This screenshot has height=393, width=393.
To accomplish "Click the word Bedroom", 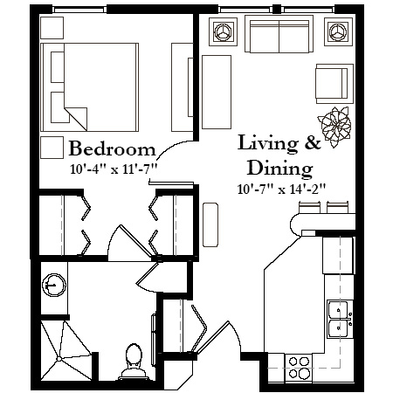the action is click(x=113, y=148).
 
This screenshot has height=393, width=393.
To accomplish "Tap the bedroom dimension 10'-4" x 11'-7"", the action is click(x=114, y=169).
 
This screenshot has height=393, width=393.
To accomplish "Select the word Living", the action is click(x=268, y=144).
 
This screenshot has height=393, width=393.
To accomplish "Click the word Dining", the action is click(x=279, y=169).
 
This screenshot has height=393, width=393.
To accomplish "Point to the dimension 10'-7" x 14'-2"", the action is click(x=281, y=190).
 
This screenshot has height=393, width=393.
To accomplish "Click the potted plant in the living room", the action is click(x=334, y=127).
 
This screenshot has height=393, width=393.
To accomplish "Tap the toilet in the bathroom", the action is click(x=134, y=362).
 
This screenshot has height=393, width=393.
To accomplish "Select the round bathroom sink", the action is click(x=54, y=285).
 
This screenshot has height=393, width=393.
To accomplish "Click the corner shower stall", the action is click(x=66, y=350).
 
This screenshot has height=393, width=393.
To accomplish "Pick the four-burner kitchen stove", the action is click(x=299, y=368).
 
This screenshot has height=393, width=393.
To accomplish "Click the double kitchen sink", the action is click(x=340, y=319).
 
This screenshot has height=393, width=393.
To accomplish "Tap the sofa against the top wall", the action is click(x=279, y=34).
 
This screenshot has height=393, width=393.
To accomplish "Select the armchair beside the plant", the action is click(x=334, y=84).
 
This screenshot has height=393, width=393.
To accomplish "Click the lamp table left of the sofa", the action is click(x=223, y=31).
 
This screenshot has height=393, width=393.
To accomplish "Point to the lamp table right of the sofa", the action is click(x=338, y=31).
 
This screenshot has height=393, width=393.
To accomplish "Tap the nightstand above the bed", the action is click(x=52, y=28).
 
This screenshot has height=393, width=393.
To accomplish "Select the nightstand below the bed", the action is click(x=52, y=148).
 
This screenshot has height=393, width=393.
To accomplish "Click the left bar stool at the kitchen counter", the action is click(x=309, y=207).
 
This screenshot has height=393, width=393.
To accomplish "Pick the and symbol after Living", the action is click(x=313, y=142).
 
